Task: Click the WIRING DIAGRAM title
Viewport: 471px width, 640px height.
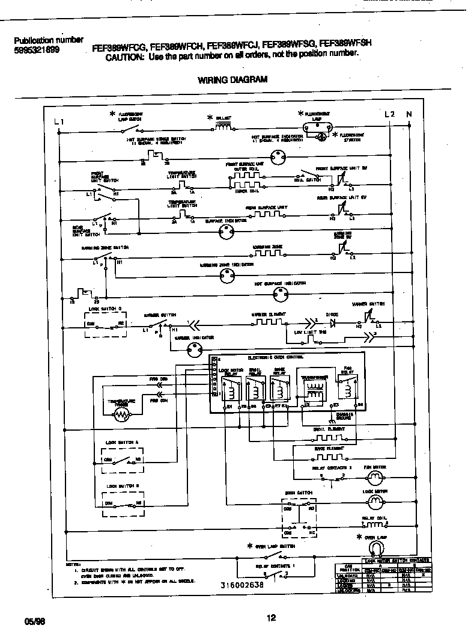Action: [232, 79]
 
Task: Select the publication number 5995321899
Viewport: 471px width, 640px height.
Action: [37, 51]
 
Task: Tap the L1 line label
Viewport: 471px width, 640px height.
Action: [58, 122]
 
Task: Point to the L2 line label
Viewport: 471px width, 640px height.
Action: [389, 114]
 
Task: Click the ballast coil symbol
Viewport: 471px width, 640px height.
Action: [223, 126]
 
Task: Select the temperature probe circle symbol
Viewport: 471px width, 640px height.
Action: [123, 414]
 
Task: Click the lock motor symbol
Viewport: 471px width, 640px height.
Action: [375, 500]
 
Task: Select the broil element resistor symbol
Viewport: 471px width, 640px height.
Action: [328, 437]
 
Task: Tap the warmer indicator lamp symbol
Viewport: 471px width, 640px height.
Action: [194, 352]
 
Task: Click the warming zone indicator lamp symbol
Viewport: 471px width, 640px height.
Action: [226, 276]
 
